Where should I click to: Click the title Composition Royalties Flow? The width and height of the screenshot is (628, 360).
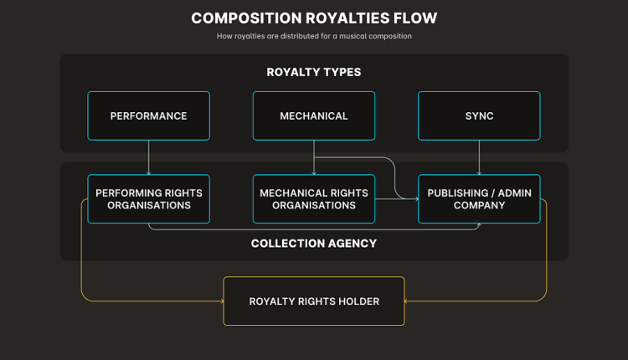coord(314,18)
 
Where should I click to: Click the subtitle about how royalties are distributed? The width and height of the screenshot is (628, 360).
coord(314,36)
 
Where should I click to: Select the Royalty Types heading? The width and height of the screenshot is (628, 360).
coord(314,72)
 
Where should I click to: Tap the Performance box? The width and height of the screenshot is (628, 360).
coord(148,116)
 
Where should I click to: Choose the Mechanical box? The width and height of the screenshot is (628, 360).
coord(314,116)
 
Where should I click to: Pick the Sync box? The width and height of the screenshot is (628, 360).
coord(479,116)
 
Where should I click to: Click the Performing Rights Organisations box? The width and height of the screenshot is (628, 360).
coord(148,199)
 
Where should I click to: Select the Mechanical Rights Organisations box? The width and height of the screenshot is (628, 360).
coord(314,199)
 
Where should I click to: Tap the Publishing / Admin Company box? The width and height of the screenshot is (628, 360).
coord(479,199)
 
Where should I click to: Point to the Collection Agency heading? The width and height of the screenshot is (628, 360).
coord(314,244)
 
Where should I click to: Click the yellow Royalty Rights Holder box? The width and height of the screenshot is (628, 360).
coord(314,301)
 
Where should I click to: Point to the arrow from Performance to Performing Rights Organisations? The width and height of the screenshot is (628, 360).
coord(148,157)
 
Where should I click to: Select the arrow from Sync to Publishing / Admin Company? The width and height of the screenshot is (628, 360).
coord(479,157)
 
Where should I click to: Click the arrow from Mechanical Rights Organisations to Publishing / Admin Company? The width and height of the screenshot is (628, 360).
coord(396,199)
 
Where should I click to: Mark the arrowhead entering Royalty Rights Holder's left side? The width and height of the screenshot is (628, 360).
coord(220,301)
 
